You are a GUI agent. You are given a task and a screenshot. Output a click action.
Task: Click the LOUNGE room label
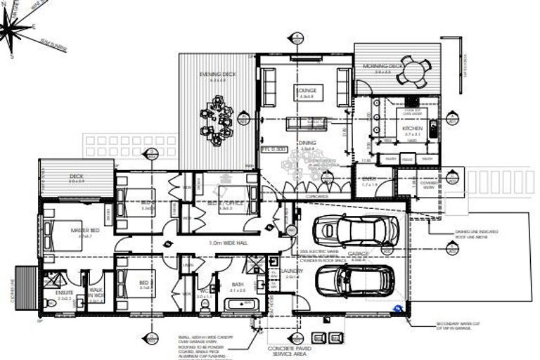[308, 91]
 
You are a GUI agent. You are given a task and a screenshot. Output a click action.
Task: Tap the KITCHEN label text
[412, 129]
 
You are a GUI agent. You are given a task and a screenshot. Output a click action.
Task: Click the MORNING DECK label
[383, 66]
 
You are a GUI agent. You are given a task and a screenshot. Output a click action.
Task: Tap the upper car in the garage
[346, 229]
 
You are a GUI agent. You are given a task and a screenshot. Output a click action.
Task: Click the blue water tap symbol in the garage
[399, 308]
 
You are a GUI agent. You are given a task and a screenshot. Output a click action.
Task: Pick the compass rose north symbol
[16, 27]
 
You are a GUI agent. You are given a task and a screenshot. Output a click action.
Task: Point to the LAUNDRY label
[292, 271]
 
